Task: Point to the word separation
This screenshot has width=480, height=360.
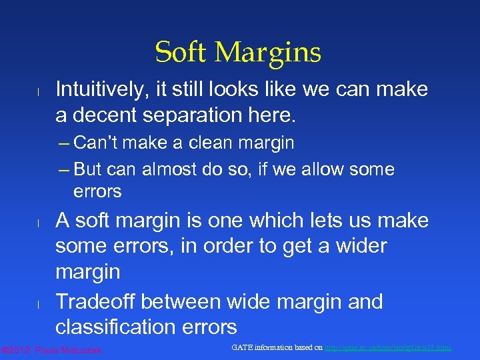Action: (212, 115)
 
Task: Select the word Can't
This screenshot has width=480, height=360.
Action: (97, 143)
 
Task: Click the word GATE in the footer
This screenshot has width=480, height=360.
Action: (244, 347)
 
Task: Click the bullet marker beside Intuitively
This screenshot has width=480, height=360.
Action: (39, 91)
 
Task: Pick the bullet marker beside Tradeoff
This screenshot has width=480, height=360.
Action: (39, 304)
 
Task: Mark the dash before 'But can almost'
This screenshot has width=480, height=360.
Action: (64, 169)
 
